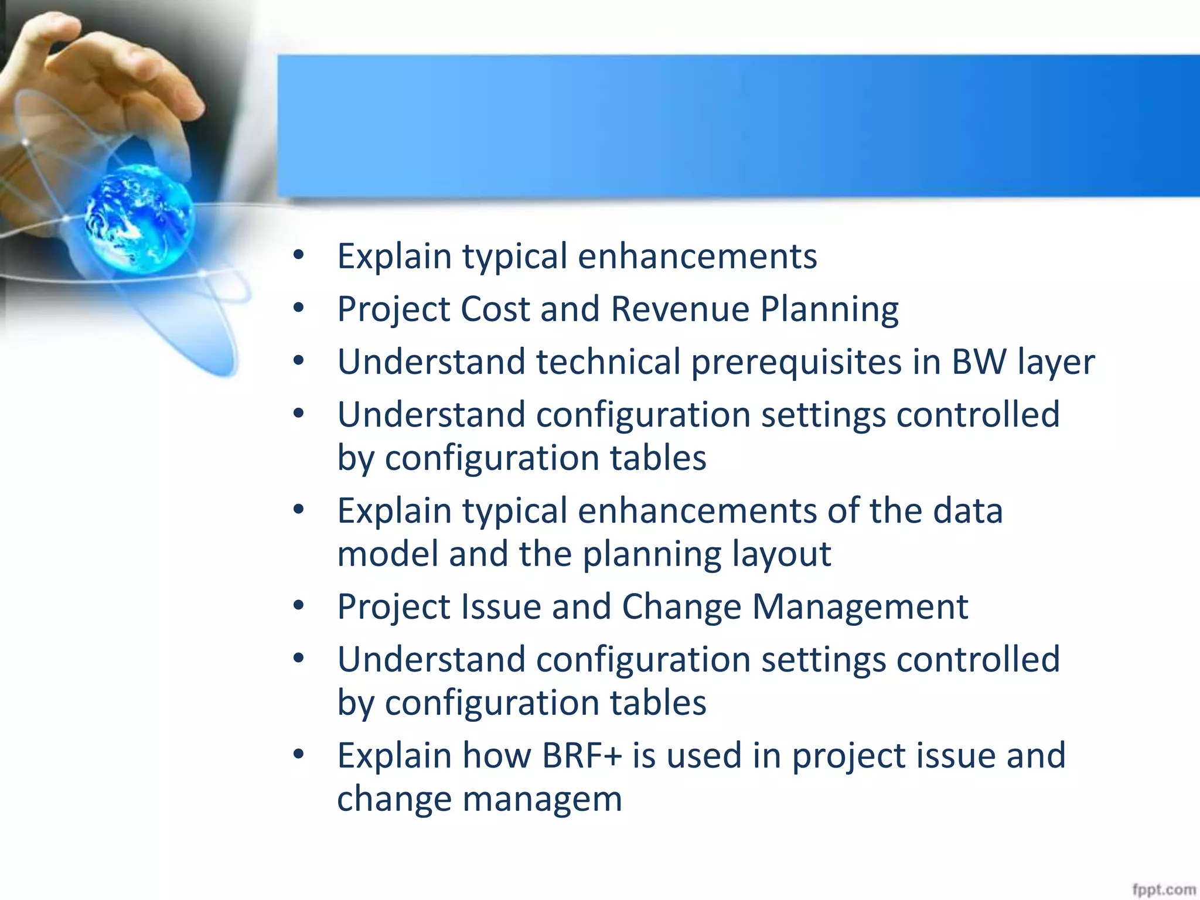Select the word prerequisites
click(796, 363)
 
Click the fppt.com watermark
click(1163, 889)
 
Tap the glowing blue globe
click(139, 219)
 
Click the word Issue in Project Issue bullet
click(501, 606)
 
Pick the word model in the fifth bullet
click(387, 554)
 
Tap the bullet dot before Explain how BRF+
click(299, 754)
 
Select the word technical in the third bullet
click(608, 362)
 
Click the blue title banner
click(738, 126)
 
